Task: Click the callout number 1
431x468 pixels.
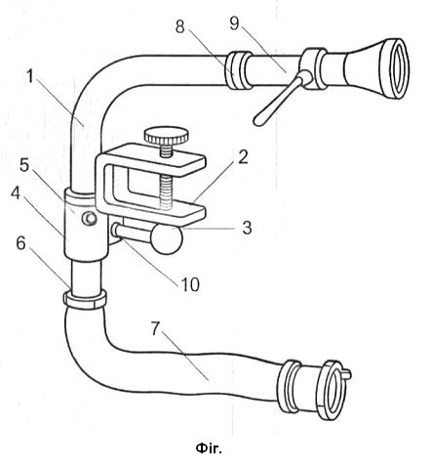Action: point(30,77)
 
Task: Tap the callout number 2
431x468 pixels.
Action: point(242,157)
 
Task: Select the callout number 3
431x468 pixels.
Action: point(247,228)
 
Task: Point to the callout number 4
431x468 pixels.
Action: point(16,193)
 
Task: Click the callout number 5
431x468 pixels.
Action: point(24,165)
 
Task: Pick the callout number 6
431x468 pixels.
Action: point(20,243)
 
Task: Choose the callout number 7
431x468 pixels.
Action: point(155,328)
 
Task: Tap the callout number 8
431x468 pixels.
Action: point(179,26)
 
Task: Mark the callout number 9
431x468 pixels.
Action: point(234,23)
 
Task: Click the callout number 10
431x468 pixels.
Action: point(190,284)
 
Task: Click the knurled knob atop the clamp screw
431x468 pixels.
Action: point(167,135)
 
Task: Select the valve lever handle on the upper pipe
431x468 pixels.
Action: point(281,98)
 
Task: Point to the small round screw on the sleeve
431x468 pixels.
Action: point(89,219)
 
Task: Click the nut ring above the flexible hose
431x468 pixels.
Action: point(85,299)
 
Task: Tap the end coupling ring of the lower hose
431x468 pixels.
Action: point(332,390)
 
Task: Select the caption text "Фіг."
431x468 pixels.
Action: point(209,448)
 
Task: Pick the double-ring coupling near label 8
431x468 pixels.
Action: point(238,70)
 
